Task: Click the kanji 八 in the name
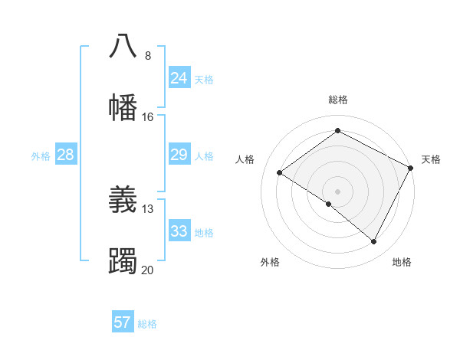pyautogui.click(x=123, y=45)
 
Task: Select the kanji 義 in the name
pyautogui.click(x=123, y=199)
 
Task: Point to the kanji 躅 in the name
pyautogui.click(x=123, y=260)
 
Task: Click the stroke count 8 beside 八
pyautogui.click(x=148, y=55)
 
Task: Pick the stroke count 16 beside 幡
pyautogui.click(x=148, y=116)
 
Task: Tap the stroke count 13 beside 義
pyautogui.click(x=148, y=209)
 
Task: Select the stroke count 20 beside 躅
pyautogui.click(x=148, y=270)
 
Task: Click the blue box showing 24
pyautogui.click(x=179, y=78)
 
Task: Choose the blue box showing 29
pyautogui.click(x=179, y=155)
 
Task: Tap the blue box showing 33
pyautogui.click(x=179, y=231)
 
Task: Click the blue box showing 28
pyautogui.click(x=65, y=155)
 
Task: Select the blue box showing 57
pyautogui.click(x=123, y=322)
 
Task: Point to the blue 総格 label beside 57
pyautogui.click(x=147, y=324)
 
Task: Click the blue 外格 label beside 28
pyautogui.click(x=41, y=156)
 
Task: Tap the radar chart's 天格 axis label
pyautogui.click(x=431, y=159)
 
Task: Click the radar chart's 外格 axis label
pyautogui.click(x=270, y=262)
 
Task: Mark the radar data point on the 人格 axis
pyautogui.click(x=280, y=173)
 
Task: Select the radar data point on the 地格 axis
pyautogui.click(x=374, y=242)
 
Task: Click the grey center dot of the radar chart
pyautogui.click(x=337, y=191)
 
